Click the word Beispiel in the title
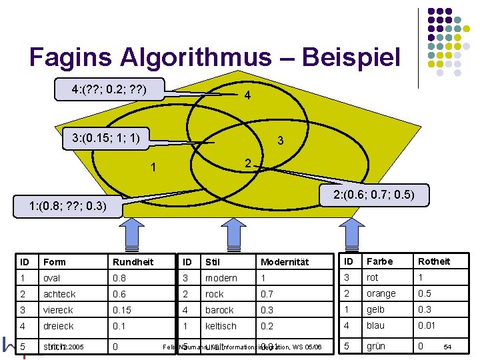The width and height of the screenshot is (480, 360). (x=351, y=58)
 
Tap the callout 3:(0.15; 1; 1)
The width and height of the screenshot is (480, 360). (x=105, y=138)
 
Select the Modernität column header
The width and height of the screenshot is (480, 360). (x=285, y=262)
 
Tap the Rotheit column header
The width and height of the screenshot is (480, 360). (x=434, y=261)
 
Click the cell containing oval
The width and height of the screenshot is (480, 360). (x=52, y=277)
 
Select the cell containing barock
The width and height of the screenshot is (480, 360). (x=219, y=310)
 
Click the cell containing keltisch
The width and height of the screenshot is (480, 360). (x=221, y=326)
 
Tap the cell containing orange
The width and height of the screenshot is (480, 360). (x=381, y=293)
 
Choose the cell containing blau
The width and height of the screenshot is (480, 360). (x=376, y=325)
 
